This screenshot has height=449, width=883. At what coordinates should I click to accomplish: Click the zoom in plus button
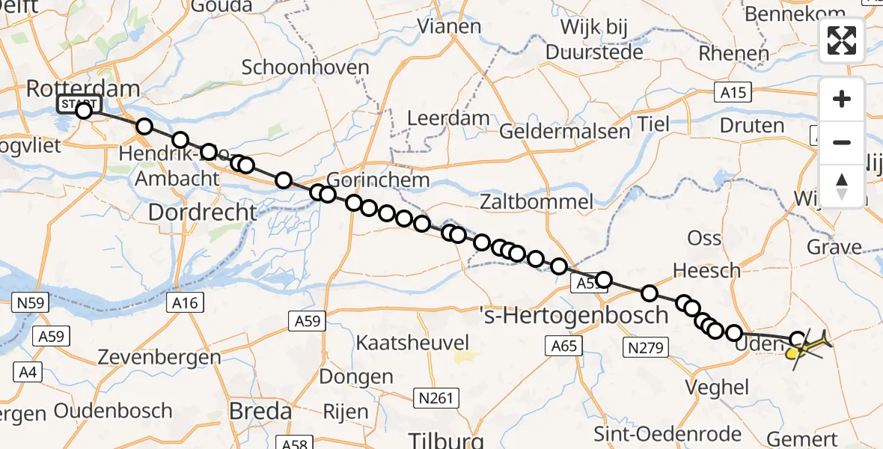[842, 100]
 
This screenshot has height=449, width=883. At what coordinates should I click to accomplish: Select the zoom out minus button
[842, 142]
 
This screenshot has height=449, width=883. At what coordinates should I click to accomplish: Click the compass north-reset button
[842, 185]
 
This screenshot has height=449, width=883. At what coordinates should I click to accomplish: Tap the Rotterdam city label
[82, 88]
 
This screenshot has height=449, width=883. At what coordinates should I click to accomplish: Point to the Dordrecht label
[202, 213]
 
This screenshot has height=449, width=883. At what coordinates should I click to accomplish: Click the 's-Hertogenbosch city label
[572, 315]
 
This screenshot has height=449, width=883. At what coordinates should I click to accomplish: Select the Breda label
[261, 411]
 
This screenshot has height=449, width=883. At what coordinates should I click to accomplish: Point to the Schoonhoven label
[305, 67]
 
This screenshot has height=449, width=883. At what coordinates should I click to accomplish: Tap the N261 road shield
[436, 397]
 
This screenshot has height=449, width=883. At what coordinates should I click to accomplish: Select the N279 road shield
[645, 346]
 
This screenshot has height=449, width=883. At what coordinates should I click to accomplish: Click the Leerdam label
[448, 118]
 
